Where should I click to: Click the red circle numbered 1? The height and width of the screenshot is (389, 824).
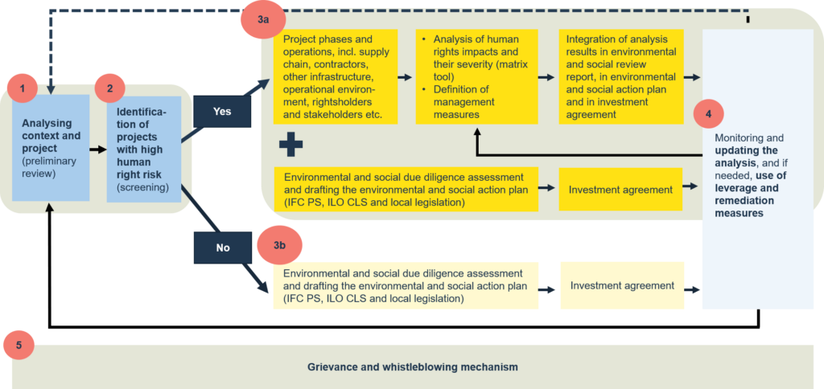click(22, 88)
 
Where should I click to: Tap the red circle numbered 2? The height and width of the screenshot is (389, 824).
click(109, 88)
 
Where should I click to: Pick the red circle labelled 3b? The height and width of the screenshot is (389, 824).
click(279, 244)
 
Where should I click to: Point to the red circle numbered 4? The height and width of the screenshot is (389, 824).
click(708, 114)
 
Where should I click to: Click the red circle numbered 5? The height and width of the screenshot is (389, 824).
click(19, 345)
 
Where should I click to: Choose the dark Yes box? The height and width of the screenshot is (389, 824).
click(221, 111)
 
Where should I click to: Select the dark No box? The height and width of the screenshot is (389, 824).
click(222, 248)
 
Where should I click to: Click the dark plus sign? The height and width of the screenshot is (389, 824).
click(290, 145)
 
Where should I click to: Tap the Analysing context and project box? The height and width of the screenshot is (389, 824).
click(51, 148)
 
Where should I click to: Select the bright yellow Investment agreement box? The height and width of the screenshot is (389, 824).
click(620, 189)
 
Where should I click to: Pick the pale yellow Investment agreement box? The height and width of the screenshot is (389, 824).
click(622, 285)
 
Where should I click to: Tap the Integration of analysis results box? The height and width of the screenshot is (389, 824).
click(621, 76)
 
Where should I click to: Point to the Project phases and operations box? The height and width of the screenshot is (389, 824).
click(336, 76)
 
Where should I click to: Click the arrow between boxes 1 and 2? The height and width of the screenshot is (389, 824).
click(97, 149)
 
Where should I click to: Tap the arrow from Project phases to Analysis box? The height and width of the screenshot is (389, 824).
click(406, 78)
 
